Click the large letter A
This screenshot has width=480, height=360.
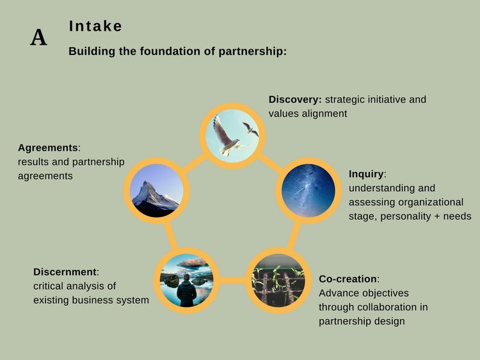pyautogui.click(x=39, y=38)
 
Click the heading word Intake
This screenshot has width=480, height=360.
pyautogui.click(x=95, y=26)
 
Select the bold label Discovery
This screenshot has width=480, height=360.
pyautogui.click(x=295, y=99)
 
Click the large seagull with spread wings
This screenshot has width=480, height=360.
pyautogui.click(x=227, y=136)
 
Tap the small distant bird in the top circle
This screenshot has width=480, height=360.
pyautogui.click(x=251, y=129)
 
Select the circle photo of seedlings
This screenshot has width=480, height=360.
pyautogui.click(x=278, y=280)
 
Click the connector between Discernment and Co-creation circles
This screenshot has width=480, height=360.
pyautogui.click(x=233, y=281)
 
